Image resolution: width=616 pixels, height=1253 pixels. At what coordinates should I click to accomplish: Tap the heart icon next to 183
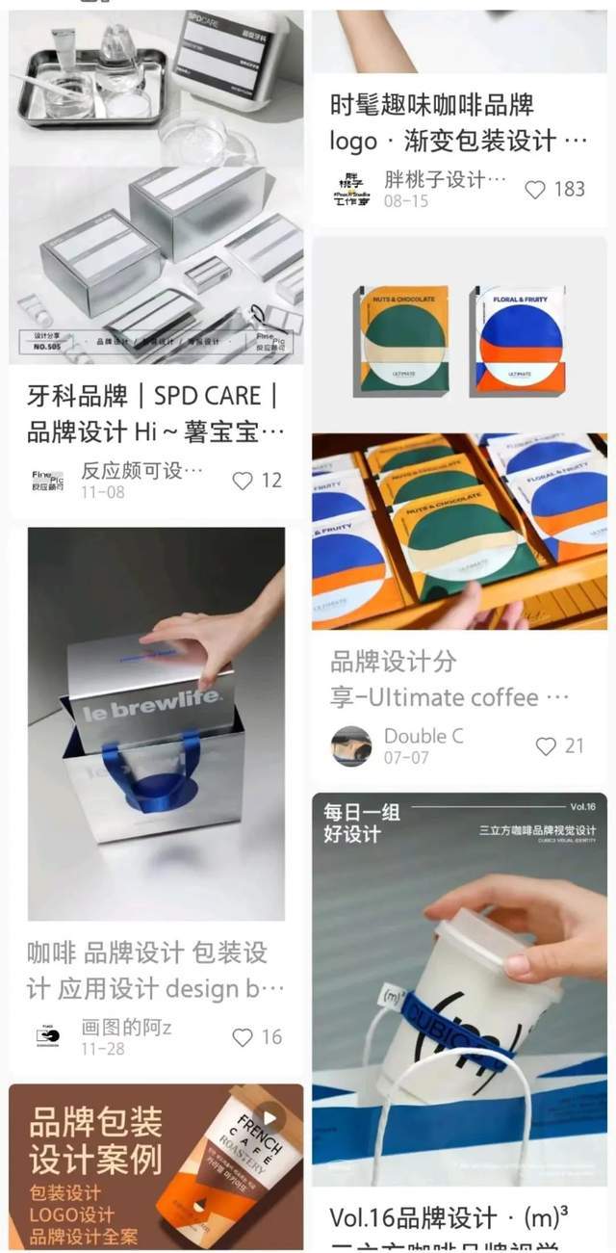click(535, 190)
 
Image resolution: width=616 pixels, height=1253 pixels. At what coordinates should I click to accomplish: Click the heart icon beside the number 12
click(243, 480)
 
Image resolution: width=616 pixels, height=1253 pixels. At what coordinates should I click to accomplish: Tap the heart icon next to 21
click(546, 745)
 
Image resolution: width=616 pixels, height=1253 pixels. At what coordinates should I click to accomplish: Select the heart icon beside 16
click(243, 1037)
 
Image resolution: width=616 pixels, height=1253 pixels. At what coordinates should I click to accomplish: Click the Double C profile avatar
click(350, 746)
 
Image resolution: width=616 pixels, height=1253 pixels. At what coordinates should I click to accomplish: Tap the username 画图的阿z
click(126, 1028)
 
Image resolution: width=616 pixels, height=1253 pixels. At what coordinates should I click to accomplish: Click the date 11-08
click(102, 491)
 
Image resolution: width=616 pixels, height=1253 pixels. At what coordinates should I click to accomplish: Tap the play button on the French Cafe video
click(270, 1118)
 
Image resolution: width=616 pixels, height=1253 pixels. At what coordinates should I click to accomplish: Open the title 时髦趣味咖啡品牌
click(431, 104)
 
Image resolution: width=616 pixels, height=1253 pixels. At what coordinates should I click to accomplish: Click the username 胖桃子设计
click(445, 180)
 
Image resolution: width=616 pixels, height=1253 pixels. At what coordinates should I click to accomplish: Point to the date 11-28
click(102, 1048)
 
